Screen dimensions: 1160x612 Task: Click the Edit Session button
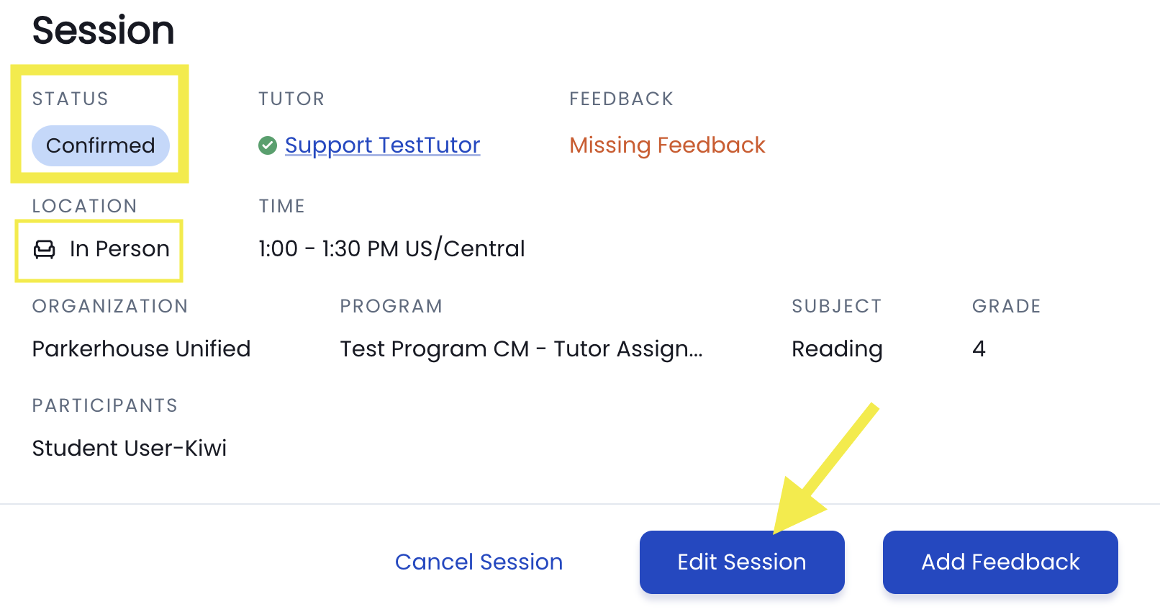(742, 562)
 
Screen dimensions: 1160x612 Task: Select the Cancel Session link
(479, 562)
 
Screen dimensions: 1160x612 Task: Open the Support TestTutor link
(382, 145)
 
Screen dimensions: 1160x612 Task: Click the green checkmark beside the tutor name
(267, 145)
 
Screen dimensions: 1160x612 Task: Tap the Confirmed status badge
(101, 145)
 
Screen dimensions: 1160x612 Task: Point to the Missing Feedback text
(667, 145)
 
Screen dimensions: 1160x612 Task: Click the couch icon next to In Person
(44, 249)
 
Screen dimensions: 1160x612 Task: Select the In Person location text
(119, 248)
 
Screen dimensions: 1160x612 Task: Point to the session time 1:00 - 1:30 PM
(330, 248)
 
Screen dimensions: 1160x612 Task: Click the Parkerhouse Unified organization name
(141, 348)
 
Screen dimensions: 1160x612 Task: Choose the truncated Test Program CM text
(521, 348)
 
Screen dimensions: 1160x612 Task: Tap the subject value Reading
(837, 349)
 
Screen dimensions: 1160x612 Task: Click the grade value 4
(979, 348)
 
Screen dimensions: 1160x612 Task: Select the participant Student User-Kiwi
(130, 449)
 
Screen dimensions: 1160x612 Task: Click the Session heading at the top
(103, 30)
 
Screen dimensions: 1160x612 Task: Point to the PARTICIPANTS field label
(105, 405)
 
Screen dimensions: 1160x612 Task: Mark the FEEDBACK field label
(622, 99)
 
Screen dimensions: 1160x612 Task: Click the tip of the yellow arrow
(774, 533)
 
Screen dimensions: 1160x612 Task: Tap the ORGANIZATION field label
(110, 306)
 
